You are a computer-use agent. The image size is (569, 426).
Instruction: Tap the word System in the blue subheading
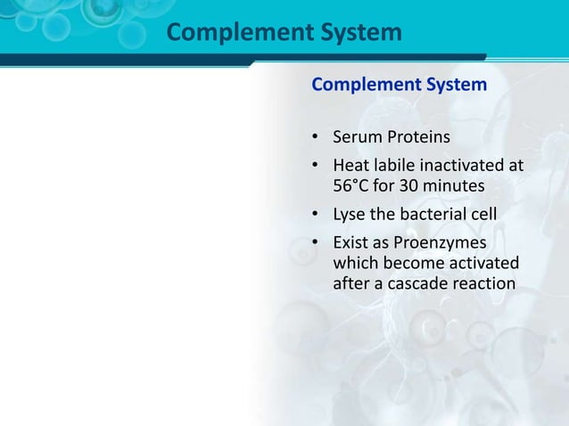[x=456, y=86]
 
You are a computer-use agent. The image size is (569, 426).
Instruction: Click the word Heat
[x=351, y=166]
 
